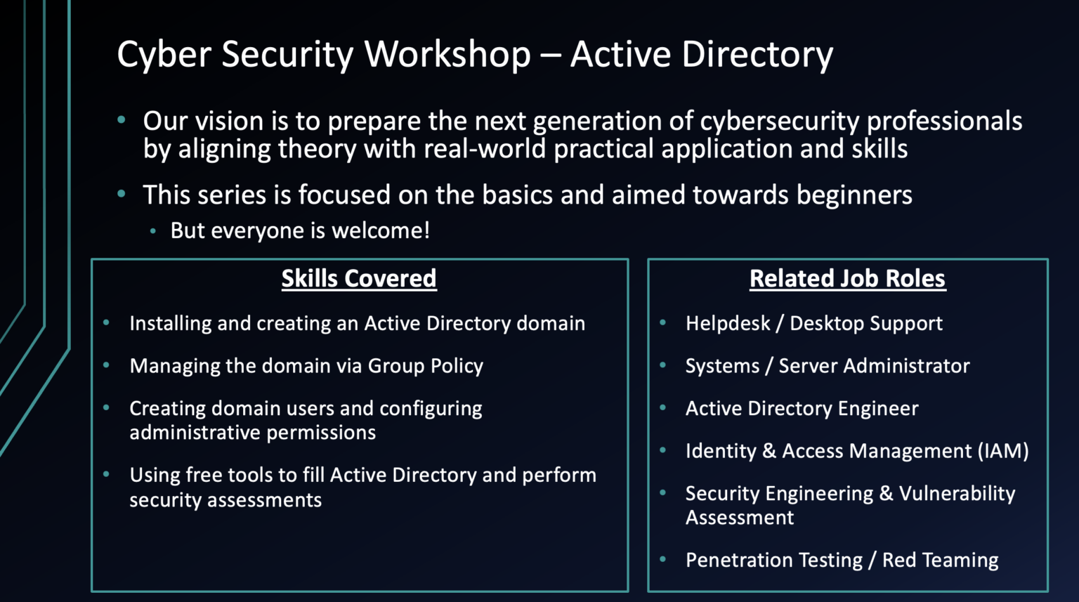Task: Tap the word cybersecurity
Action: (779, 122)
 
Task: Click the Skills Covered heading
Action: (359, 279)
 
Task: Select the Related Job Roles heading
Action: (847, 279)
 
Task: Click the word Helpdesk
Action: (728, 324)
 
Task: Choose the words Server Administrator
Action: (874, 366)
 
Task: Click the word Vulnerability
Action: (957, 494)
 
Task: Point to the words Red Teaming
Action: (940, 561)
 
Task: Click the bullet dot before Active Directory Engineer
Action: (662, 407)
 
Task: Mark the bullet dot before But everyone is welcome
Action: (152, 230)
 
